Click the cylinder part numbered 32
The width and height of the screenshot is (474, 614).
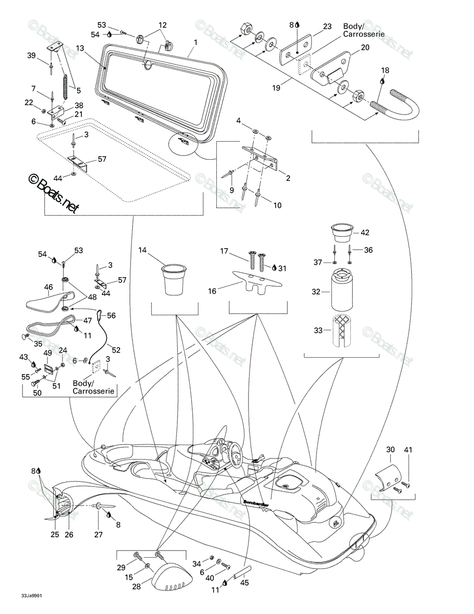tap(342, 290)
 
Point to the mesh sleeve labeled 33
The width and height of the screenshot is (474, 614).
tap(342, 331)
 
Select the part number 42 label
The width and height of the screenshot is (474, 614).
tap(365, 232)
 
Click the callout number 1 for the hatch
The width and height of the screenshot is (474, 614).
tap(196, 42)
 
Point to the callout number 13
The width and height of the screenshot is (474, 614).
tap(80, 48)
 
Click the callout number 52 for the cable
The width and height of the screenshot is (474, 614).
tap(116, 350)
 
